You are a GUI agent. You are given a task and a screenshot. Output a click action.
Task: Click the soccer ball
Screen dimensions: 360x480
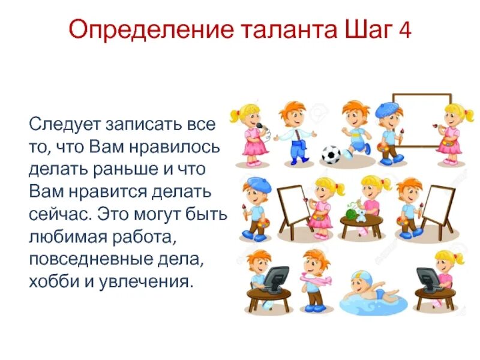coord(331,155)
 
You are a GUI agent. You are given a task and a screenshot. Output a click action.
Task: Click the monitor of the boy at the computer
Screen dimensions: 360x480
coord(275,277)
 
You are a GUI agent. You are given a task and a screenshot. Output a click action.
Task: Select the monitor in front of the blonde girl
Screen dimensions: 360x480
coord(428,278)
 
